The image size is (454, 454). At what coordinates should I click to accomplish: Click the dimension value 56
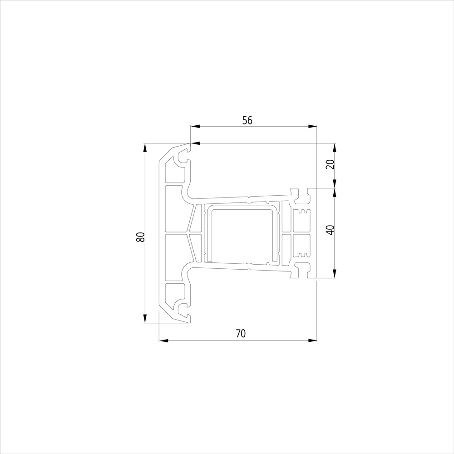247,120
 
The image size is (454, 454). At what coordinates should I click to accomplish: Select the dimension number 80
140,237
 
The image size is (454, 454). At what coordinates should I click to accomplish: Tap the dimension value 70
241,334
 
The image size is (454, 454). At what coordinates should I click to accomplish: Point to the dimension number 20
331,164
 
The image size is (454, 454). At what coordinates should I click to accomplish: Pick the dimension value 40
331,230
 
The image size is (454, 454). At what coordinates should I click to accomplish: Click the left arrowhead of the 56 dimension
195,127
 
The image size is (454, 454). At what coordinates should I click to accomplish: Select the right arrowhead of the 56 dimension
312,127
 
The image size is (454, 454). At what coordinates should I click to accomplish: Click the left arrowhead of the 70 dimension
164,340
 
